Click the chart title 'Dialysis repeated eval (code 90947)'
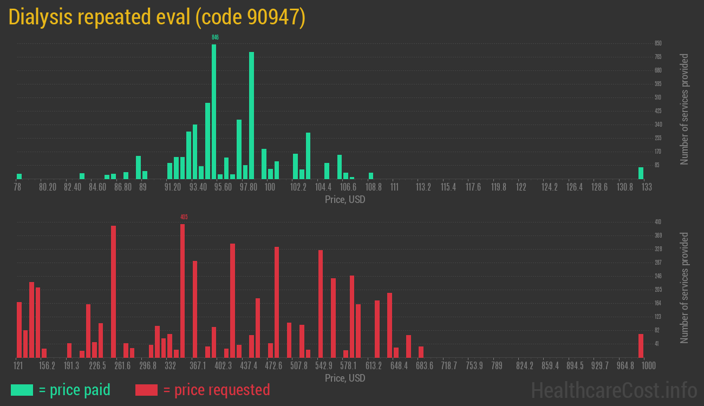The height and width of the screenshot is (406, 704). (x=157, y=17)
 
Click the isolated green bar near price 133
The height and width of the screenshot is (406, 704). (x=641, y=173)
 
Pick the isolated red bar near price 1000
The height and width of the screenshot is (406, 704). (x=641, y=346)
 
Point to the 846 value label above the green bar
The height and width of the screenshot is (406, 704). (x=215, y=37)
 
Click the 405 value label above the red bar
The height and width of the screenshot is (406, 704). (x=184, y=217)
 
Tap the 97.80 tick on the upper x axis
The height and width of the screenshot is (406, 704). (x=249, y=187)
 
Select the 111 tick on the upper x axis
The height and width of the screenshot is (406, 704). (x=395, y=187)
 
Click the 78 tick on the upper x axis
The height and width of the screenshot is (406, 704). (x=18, y=187)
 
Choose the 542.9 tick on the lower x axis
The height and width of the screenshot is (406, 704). (x=324, y=366)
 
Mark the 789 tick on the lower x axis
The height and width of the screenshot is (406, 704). (x=497, y=366)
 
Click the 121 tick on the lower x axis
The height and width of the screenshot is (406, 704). (x=18, y=366)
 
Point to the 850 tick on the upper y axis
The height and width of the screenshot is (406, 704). (x=658, y=43)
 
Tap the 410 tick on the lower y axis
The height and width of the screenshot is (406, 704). (x=658, y=222)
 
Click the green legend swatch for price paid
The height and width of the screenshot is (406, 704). (x=22, y=390)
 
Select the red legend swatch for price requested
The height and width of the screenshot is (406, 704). (x=146, y=390)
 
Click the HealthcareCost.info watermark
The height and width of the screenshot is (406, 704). (x=614, y=390)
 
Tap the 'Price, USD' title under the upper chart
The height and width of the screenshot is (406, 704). (x=345, y=200)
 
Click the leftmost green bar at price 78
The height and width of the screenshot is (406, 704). (x=19, y=176)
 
